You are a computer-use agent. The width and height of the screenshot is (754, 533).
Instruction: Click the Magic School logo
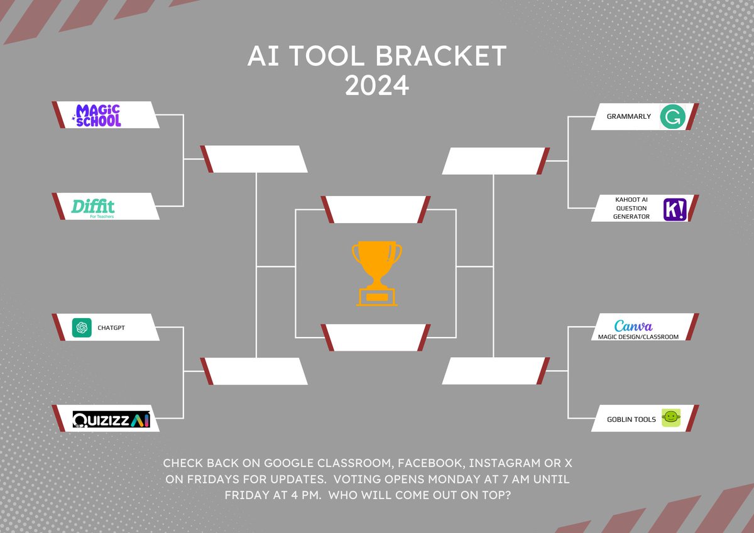tap(97, 115)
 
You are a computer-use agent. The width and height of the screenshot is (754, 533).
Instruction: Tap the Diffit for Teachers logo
tap(93, 207)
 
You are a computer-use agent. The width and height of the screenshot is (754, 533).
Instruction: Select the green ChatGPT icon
tap(82, 327)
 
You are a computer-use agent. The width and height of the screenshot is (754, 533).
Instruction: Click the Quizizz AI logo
tap(111, 419)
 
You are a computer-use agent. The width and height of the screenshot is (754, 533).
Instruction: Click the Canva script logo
tap(633, 326)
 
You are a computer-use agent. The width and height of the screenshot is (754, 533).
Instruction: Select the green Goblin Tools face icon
tap(672, 418)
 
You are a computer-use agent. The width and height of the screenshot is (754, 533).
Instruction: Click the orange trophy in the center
tap(376, 274)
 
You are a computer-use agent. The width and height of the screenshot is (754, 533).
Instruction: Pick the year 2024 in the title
tap(376, 85)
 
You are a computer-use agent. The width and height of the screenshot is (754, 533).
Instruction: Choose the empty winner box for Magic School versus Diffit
tap(254, 159)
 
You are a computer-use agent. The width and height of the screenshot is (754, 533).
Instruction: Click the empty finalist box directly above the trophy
tap(376, 209)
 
